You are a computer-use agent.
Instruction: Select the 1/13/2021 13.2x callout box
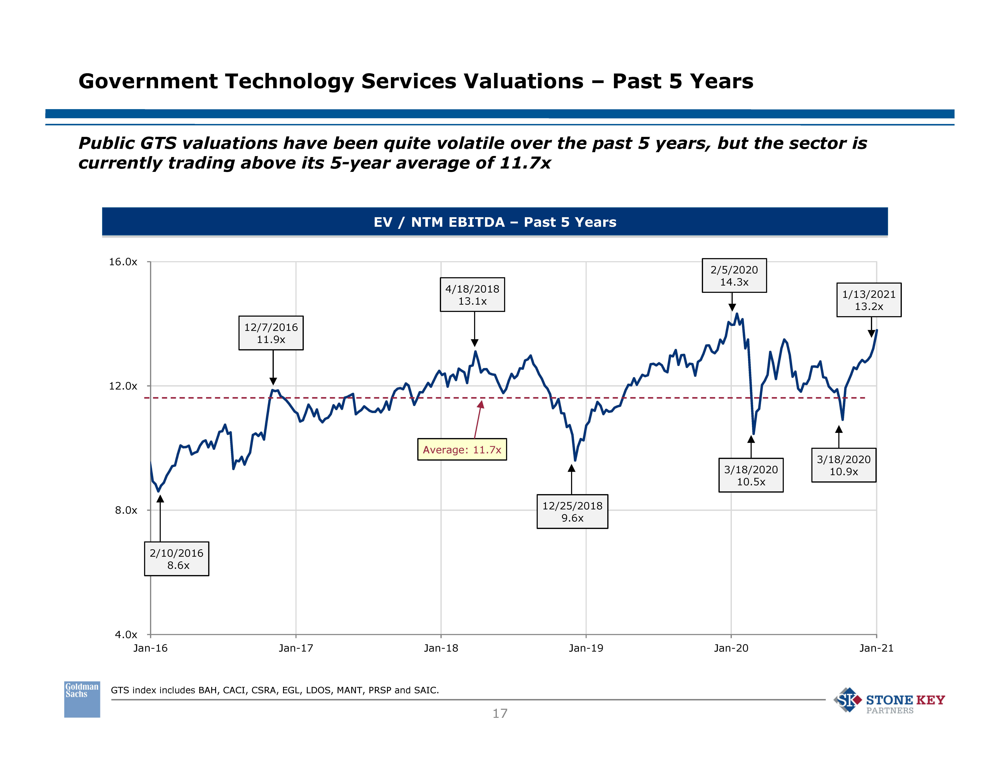click(x=869, y=300)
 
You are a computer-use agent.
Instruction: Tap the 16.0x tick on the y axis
click(x=123, y=262)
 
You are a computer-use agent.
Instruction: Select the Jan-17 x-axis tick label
click(x=296, y=648)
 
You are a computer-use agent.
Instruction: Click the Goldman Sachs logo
click(x=82, y=699)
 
